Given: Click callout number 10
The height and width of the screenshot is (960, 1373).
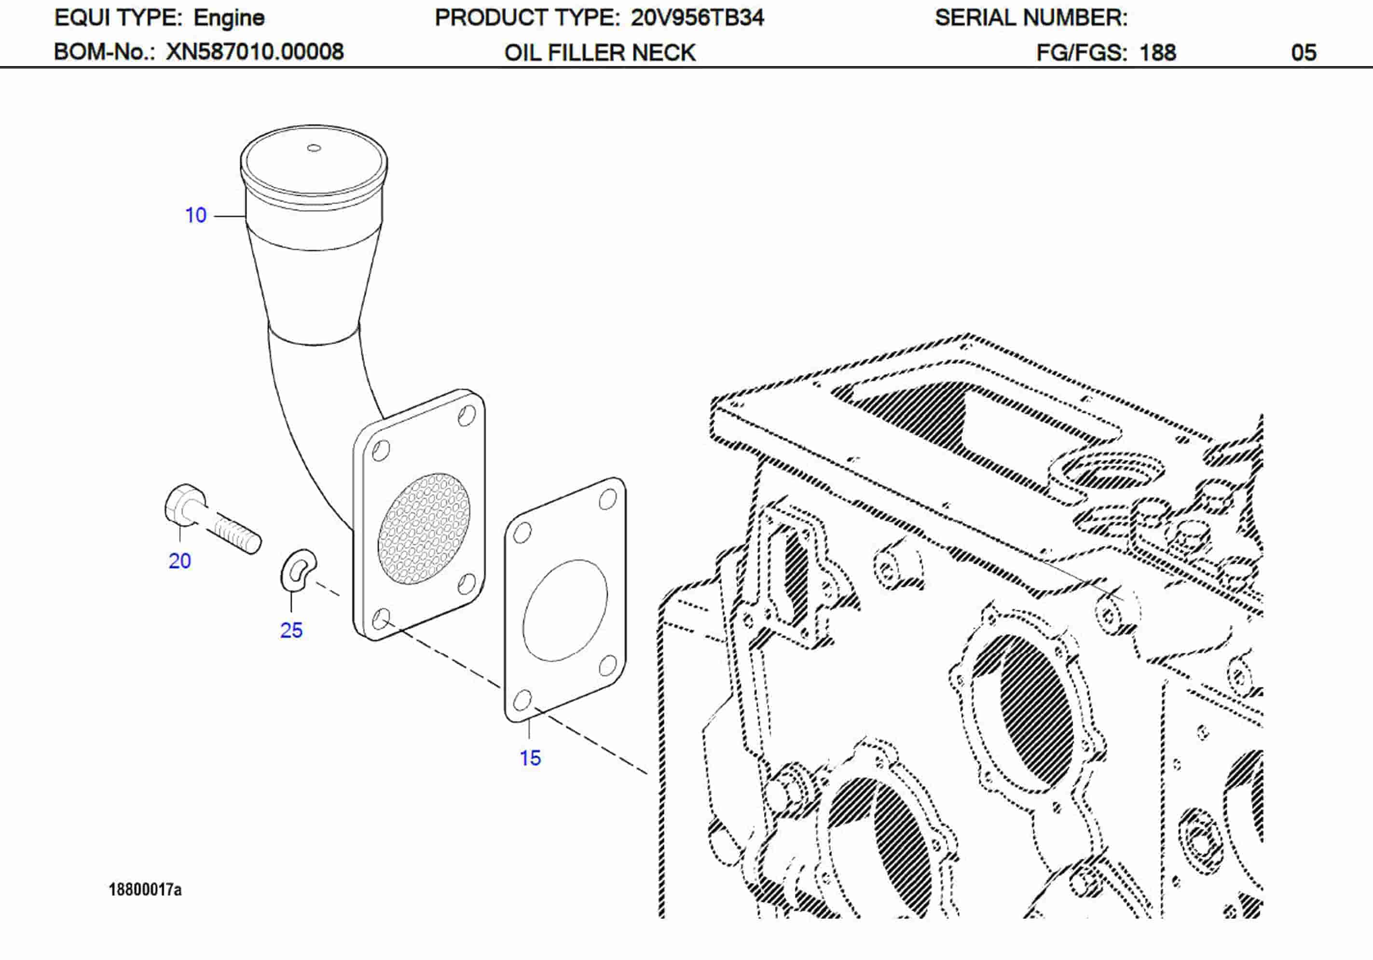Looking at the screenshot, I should tap(195, 215).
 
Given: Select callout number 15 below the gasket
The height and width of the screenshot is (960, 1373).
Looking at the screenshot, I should tap(530, 758).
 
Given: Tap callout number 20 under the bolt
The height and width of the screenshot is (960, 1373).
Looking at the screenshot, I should tap(179, 561).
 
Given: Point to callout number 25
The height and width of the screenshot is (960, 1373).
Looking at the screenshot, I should tap(291, 631).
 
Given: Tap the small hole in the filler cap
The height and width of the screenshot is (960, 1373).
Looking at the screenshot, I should tap(314, 148).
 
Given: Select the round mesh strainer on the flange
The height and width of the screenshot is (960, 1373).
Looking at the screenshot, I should tap(424, 529).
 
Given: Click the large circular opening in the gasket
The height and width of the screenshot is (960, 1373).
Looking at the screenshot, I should tap(565, 610).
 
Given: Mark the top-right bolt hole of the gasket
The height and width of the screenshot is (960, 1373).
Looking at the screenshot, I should tap(607, 499).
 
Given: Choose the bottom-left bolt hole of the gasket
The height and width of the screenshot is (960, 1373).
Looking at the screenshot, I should tap(522, 699).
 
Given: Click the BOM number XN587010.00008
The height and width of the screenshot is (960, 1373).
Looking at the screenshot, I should tap(255, 52).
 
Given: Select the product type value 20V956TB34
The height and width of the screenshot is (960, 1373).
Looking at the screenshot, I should tap(697, 18).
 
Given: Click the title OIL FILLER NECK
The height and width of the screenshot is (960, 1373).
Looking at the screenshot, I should tap(600, 53).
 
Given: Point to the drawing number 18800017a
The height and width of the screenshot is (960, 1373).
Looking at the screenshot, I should tap(145, 890).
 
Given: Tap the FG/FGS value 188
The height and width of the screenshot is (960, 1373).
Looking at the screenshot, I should tap(1158, 53).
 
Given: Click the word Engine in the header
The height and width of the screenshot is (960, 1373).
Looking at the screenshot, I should tap(229, 18).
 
